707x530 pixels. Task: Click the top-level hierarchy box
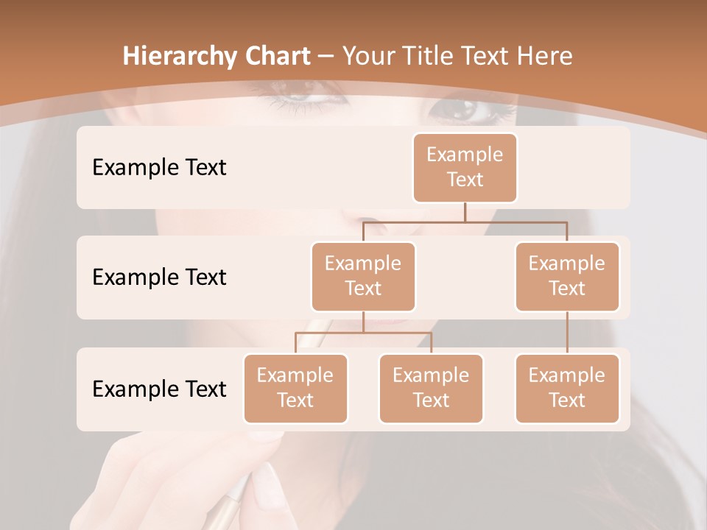click(465, 167)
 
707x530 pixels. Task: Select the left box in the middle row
click(363, 276)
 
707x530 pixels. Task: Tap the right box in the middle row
click(567, 276)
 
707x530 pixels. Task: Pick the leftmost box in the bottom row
click(295, 388)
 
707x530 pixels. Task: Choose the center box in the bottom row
click(431, 388)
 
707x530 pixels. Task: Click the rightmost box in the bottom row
click(567, 388)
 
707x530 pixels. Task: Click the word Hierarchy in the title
click(180, 56)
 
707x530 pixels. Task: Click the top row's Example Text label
click(159, 167)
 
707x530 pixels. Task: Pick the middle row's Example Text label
click(159, 277)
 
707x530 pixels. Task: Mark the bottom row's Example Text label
click(159, 389)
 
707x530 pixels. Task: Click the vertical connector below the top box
click(465, 212)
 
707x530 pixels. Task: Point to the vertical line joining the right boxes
click(567, 333)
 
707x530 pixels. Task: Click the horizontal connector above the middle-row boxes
click(465, 222)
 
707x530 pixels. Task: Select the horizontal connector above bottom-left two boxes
click(363, 333)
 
